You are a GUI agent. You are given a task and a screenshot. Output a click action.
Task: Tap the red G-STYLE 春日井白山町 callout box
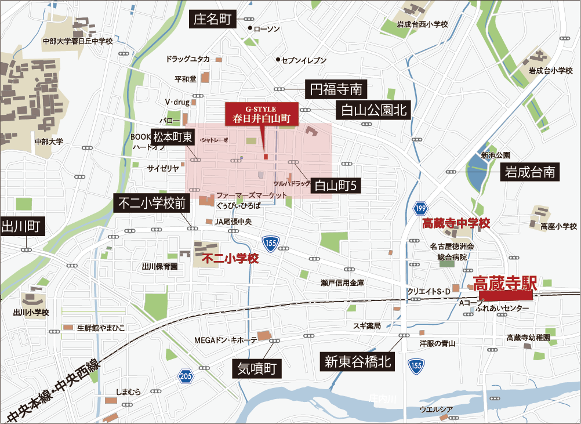pyautogui.click(x=261, y=114)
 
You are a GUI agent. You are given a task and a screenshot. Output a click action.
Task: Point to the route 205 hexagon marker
pyautogui.click(x=184, y=376)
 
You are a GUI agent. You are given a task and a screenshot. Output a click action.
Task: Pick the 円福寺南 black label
pyautogui.click(x=336, y=89)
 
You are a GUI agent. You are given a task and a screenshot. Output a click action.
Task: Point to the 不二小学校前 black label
pyautogui.click(x=151, y=204)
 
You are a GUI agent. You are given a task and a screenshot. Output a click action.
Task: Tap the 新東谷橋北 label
pyautogui.click(x=358, y=363)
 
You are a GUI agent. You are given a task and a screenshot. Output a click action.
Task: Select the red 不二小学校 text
pyautogui.click(x=231, y=259)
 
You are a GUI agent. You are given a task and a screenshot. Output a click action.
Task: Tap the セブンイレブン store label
pyautogui.click(x=304, y=60)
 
